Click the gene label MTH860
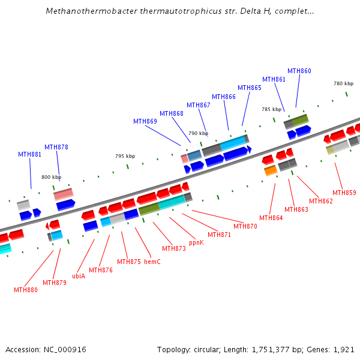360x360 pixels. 299,71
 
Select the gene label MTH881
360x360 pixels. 29,154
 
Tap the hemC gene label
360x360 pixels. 152,262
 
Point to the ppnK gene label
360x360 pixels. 196,243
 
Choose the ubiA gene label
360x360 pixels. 79,276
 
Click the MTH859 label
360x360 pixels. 344,193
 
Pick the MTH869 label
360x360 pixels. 145,121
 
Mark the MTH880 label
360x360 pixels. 25,290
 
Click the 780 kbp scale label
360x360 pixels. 344,83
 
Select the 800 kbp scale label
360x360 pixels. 51,177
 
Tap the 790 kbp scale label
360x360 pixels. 198,133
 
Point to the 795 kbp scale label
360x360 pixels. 125,156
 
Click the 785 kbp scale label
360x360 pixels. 271,109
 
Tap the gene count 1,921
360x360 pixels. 344,349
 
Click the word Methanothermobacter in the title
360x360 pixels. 86,11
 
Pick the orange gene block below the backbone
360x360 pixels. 271,170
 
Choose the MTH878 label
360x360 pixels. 56,147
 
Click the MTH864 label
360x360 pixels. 271,218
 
